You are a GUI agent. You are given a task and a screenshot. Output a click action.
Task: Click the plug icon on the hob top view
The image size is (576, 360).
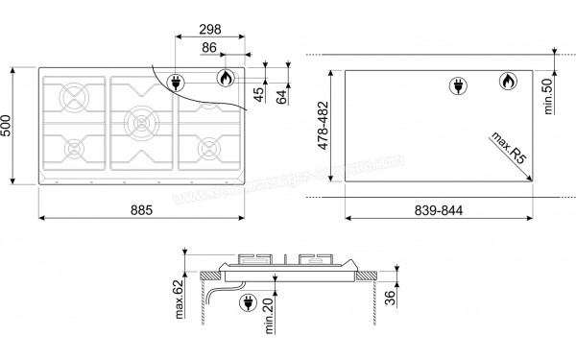[178, 83]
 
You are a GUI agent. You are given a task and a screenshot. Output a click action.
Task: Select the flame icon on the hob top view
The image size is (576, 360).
[224, 79]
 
